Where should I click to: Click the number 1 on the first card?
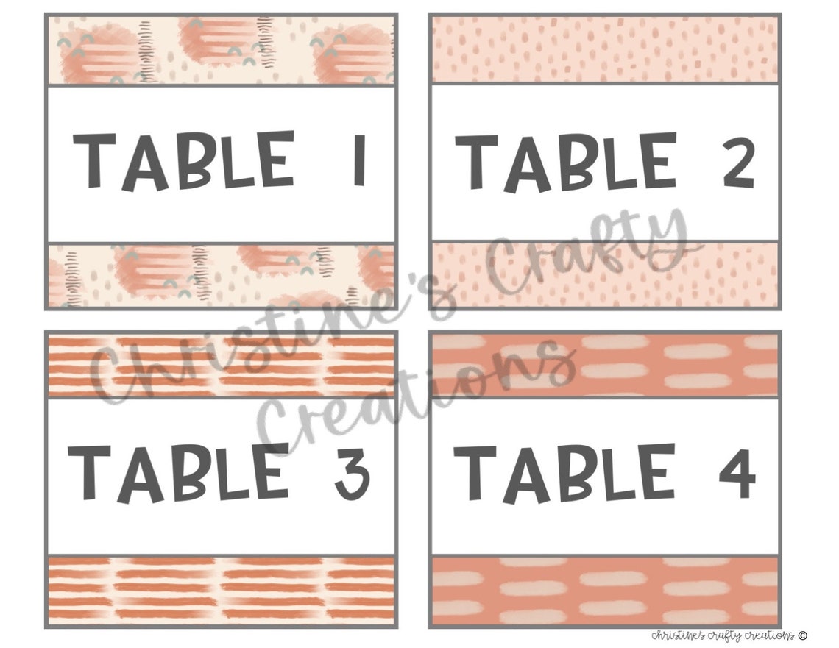(359, 160)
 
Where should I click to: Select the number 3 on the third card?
(350, 471)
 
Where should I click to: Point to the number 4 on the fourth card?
(737, 471)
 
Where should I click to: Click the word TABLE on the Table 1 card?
(183, 160)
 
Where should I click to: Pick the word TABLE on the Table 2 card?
(564, 160)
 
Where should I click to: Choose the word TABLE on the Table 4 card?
(563, 471)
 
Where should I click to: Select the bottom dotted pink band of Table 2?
(604, 273)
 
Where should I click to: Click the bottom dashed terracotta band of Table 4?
(604, 590)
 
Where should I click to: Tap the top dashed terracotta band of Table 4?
(604, 363)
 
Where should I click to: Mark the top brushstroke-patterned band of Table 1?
(221, 50)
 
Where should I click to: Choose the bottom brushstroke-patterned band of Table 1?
(221, 275)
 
